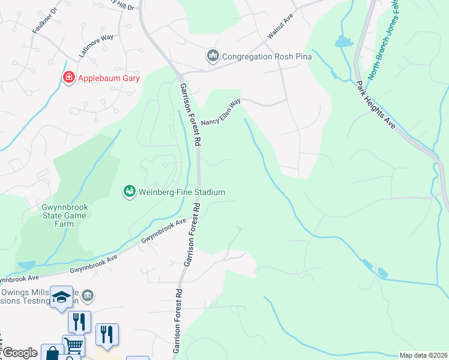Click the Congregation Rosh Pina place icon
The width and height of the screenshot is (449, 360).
(x=212, y=57)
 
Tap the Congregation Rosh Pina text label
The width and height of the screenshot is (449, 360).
(x=266, y=57)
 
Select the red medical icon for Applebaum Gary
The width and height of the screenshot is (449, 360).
(x=69, y=78)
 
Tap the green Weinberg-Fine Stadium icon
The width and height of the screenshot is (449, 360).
(x=129, y=192)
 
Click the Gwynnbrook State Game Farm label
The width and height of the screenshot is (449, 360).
(x=57, y=215)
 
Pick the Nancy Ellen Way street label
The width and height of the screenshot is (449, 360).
(x=220, y=113)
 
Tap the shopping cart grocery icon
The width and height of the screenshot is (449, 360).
(x=73, y=344)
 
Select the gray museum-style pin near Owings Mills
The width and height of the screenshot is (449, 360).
(x=88, y=295)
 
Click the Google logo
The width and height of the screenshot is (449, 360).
(x=20, y=353)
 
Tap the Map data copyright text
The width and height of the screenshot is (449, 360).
(x=423, y=355)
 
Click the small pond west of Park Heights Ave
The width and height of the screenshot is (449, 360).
(x=343, y=41)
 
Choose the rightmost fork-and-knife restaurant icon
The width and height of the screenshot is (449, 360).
(x=106, y=334)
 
